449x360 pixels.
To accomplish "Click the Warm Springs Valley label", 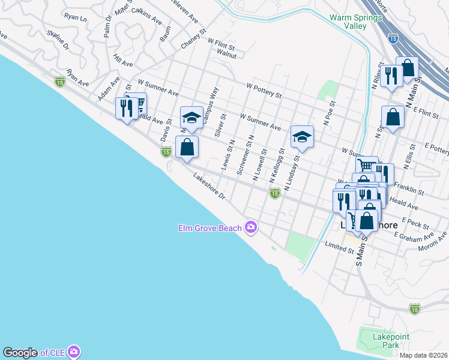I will click(355, 22).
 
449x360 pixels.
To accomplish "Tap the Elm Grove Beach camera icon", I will click(251, 227).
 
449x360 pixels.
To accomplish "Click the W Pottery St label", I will click(264, 90).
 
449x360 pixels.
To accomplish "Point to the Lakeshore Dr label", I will click(209, 187).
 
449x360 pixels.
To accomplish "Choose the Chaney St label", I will click(193, 39).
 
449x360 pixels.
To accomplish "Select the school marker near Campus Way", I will click(191, 118).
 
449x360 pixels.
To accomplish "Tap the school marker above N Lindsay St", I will click(302, 137).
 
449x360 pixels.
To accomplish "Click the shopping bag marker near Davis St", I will click(187, 147).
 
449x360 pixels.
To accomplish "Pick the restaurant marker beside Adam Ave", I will click(125, 109).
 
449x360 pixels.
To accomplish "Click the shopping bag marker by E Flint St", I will click(392, 117).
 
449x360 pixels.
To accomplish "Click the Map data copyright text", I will click(423, 355).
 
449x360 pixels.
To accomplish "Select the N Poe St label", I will click(328, 113).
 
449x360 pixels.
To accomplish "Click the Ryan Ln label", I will click(75, 19).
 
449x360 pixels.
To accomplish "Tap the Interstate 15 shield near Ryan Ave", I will click(59, 82).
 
